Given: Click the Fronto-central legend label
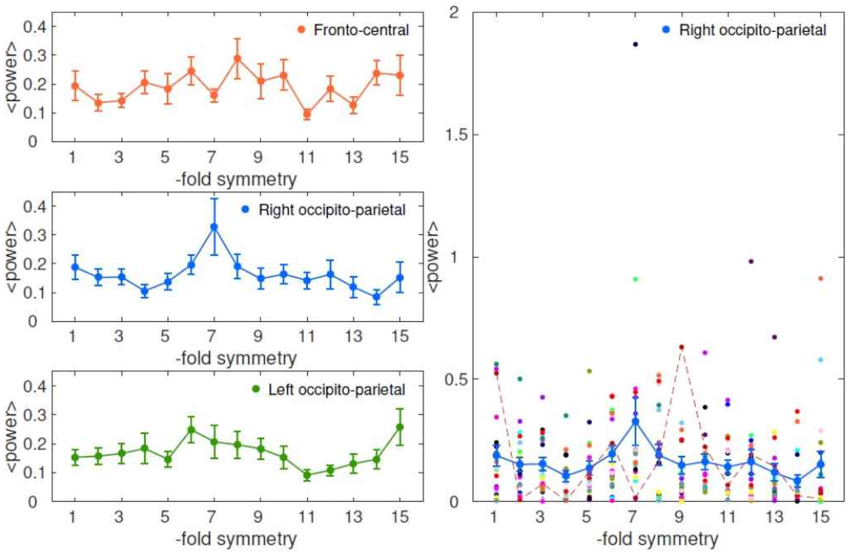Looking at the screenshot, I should point(361,30).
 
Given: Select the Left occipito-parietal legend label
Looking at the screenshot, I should point(337,390).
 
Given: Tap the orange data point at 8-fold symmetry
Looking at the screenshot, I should point(237,59).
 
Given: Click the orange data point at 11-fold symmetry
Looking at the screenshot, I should point(307,114).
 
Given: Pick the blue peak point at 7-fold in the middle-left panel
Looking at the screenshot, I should point(214,227).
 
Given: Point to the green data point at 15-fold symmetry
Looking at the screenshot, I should point(400,427).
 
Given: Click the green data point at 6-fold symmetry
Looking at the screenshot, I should point(191,430).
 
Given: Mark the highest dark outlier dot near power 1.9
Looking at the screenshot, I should point(635,44).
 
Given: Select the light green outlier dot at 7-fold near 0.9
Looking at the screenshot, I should point(635,279).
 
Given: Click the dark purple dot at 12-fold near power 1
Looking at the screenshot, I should point(751,261).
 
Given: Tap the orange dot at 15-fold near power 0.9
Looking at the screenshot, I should point(820,278).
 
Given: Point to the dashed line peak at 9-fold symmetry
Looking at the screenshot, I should point(682,347).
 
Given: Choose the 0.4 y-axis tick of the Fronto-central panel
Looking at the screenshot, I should point(35,27).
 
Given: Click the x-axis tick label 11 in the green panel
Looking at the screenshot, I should point(307,517).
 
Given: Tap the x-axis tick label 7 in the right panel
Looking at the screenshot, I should point(632,517).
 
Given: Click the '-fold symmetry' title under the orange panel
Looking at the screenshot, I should point(236,179).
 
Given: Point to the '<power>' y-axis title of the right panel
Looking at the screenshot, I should point(433,257).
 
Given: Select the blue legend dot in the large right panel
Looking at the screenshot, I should point(666,30).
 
